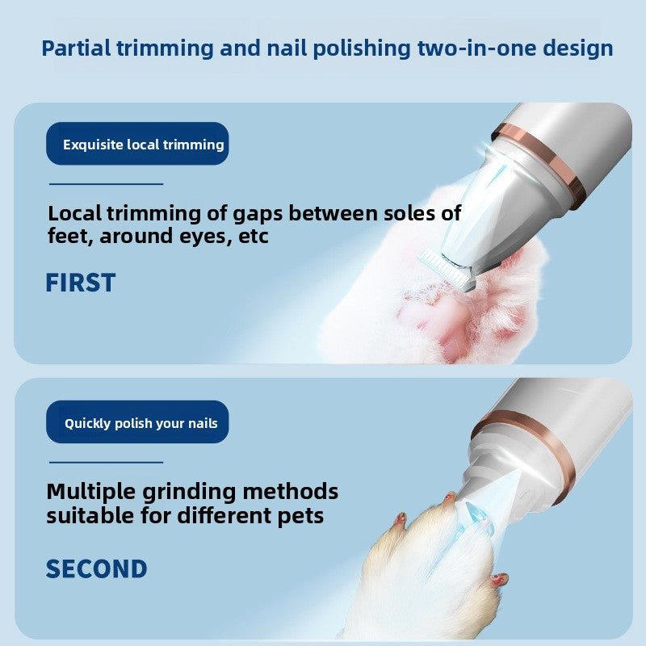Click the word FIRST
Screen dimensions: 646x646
pos(80,283)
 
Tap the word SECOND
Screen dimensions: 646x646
pos(96,569)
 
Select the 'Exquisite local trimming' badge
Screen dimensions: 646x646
pos(137,144)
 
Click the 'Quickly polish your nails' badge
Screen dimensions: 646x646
pos(137,422)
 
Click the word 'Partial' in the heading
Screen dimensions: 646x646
pos(76,48)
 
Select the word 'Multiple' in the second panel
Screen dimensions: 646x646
pos(90,492)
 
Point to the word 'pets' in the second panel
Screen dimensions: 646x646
pos(300,517)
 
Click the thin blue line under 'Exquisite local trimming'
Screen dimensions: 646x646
pos(107,184)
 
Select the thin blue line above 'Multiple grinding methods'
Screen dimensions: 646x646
pos(107,462)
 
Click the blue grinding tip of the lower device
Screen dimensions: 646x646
pos(478,515)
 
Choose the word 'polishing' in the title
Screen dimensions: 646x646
pos(361,48)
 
